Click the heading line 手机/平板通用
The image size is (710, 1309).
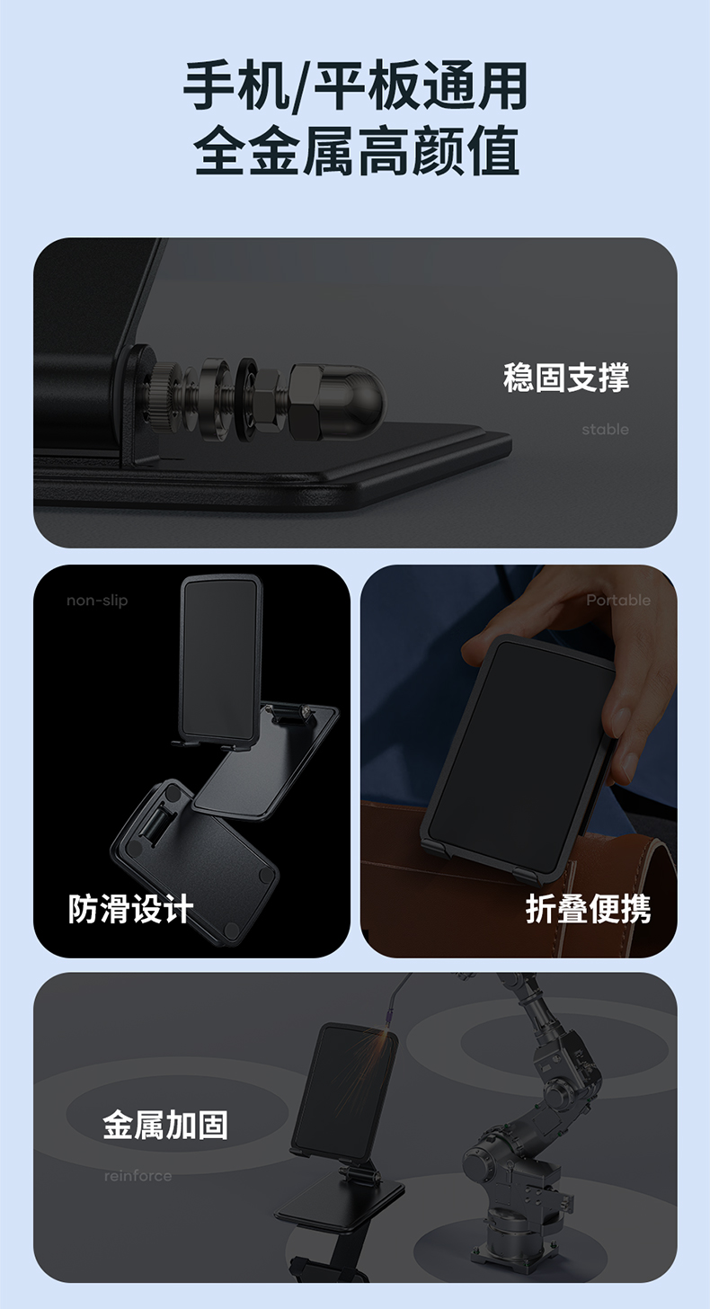coord(355,86)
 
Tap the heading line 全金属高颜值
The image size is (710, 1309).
coord(356,150)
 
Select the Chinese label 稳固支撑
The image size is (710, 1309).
coord(565,378)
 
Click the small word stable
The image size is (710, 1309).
coord(605,430)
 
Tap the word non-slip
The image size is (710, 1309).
coord(97,601)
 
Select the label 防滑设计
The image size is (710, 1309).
coord(130,909)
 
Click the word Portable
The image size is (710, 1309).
coord(618,601)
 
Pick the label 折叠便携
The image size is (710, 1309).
coord(588,909)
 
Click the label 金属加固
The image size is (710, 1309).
coord(165,1126)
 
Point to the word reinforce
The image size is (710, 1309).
coord(138,1176)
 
